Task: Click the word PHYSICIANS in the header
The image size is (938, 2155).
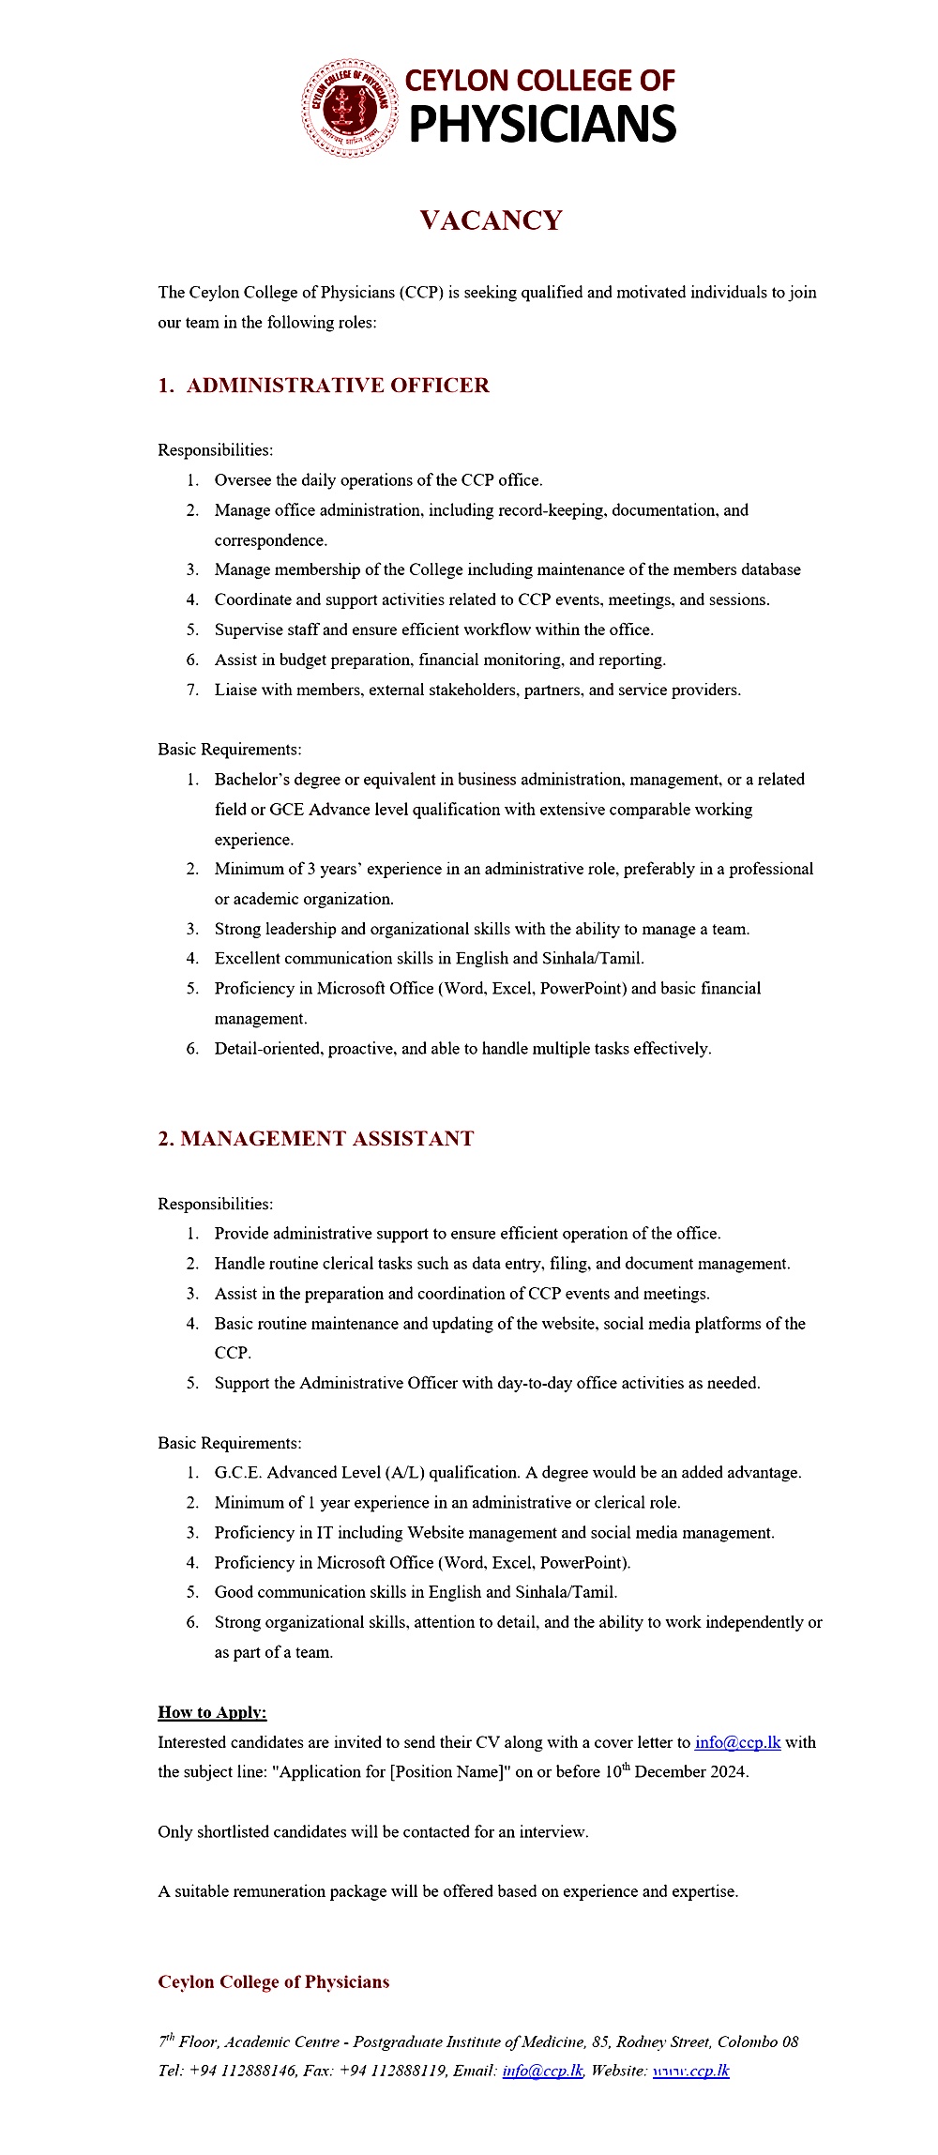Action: pos(542,125)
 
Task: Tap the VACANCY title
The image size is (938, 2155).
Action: pos(491,220)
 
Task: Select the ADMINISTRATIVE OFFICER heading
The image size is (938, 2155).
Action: pos(337,386)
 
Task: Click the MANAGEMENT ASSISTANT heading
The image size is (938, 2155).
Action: pos(326,1139)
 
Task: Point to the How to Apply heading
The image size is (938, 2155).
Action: pos(212,1712)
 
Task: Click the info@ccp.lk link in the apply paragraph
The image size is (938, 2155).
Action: pos(737,1742)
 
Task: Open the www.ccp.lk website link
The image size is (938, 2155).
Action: pos(690,2071)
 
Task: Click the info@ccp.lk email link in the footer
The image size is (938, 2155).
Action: pos(542,2071)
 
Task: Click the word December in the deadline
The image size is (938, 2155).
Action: pos(672,1772)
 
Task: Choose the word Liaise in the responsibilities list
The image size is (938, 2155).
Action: pos(235,690)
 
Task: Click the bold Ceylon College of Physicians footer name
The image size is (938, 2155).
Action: pos(273,1982)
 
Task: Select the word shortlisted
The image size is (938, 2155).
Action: pos(234,1831)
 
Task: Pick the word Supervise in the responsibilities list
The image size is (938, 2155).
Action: pos(248,630)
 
